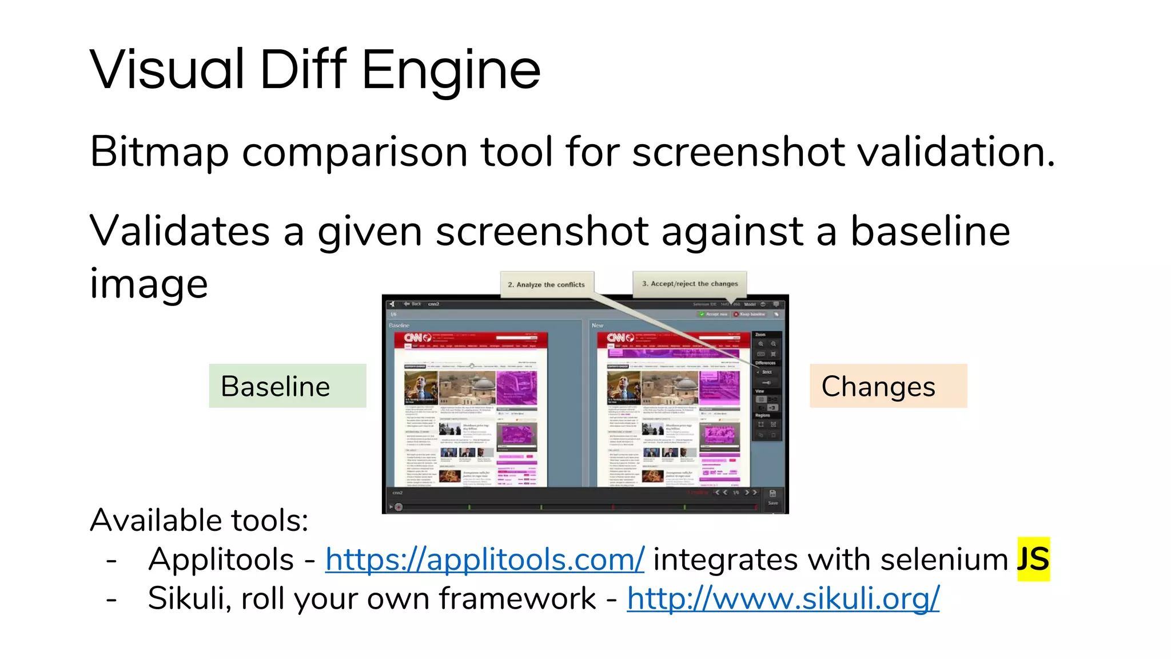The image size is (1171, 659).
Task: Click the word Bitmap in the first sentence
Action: (x=159, y=152)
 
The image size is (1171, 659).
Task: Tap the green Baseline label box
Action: (x=287, y=386)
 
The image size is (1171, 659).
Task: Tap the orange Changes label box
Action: (x=888, y=386)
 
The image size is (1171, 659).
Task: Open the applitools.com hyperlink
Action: (x=484, y=559)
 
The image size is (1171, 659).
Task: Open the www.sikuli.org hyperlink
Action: (x=783, y=599)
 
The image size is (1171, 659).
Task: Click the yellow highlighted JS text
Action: (x=1033, y=559)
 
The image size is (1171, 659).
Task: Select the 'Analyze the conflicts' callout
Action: (x=547, y=284)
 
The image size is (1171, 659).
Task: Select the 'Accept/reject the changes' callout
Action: (x=690, y=284)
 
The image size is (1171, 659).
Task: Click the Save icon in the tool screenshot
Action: (x=772, y=495)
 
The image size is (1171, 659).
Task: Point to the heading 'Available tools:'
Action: (x=199, y=521)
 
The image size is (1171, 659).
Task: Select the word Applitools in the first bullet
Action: (x=221, y=559)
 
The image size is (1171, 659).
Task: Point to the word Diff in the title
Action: (x=303, y=70)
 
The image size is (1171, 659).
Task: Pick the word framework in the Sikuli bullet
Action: (x=517, y=599)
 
